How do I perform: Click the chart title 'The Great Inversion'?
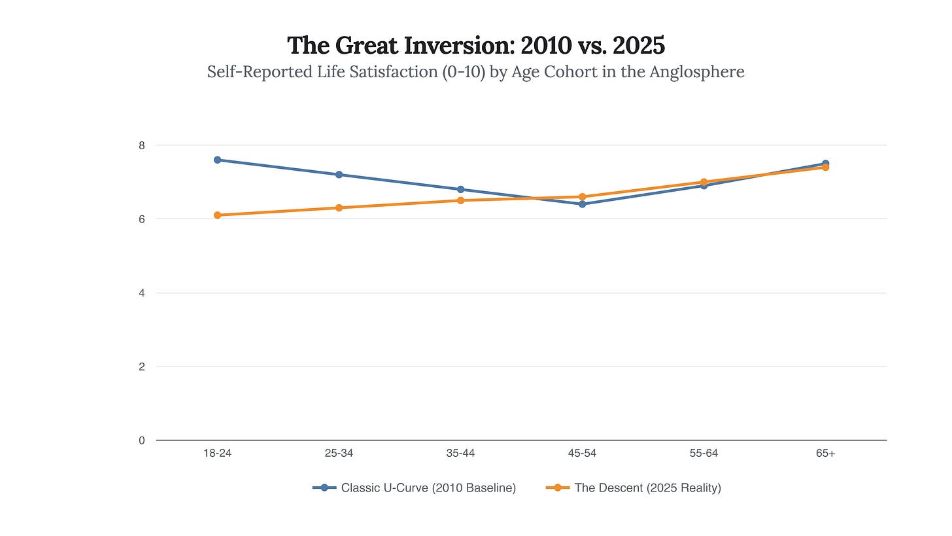[x=476, y=45]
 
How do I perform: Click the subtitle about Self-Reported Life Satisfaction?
[x=476, y=71]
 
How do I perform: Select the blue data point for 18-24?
[x=218, y=160]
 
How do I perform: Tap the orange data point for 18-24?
[x=218, y=215]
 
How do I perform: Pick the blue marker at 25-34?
[x=339, y=175]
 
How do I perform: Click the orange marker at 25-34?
[x=339, y=207]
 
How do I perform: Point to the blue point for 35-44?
[x=461, y=189]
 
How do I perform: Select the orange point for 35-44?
[x=461, y=200]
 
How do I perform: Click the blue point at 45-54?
[x=583, y=204]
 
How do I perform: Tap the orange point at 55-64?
[x=704, y=182]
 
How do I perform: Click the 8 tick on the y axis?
[x=141, y=145]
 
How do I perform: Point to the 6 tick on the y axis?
[x=141, y=219]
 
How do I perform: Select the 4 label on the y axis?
[x=141, y=293]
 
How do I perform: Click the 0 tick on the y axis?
[x=141, y=440]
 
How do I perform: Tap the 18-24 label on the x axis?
[x=218, y=454]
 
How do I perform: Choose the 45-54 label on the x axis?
[x=583, y=454]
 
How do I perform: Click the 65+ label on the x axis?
[x=826, y=454]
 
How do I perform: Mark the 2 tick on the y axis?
[x=141, y=366]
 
